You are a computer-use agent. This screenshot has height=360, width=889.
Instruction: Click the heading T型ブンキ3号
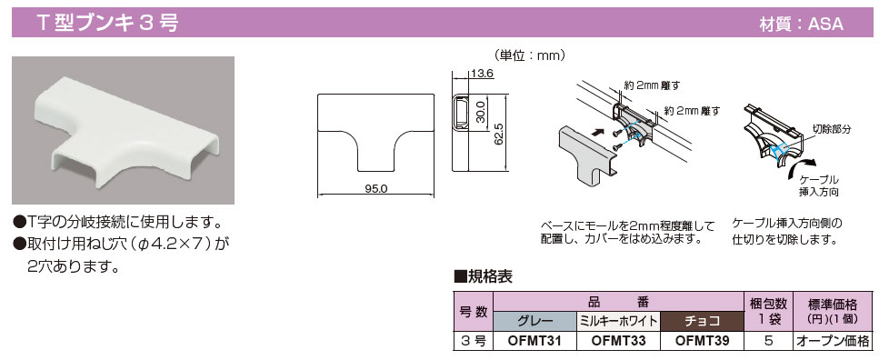(x=107, y=23)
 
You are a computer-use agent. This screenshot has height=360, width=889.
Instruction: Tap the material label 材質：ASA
(x=801, y=24)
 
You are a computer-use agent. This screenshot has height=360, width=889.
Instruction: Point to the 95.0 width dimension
(x=376, y=189)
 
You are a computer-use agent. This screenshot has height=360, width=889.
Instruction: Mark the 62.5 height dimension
(x=498, y=133)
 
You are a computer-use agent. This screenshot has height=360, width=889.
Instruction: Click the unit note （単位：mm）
(x=530, y=55)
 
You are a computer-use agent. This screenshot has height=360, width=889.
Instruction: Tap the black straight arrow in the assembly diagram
(x=597, y=131)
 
